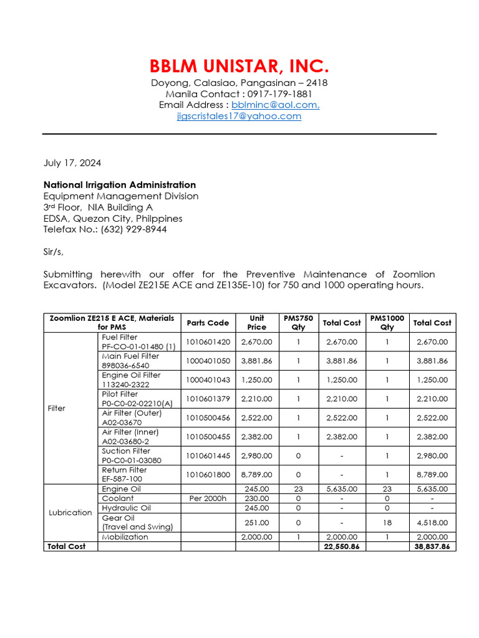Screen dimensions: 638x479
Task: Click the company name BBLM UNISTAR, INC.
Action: point(239,66)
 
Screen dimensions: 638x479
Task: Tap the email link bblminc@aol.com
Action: point(275,105)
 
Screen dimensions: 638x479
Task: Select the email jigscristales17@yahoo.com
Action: point(239,116)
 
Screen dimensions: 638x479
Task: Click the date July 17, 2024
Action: point(72,163)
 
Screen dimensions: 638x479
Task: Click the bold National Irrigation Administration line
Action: point(120,185)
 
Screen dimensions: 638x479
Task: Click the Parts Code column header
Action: point(208,323)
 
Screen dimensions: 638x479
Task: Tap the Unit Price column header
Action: point(257,323)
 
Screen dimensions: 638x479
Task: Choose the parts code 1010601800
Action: point(208,475)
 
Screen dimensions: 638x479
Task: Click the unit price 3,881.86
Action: point(257,361)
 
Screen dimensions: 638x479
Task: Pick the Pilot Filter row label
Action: point(120,394)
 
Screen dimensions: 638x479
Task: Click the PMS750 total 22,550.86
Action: point(341,546)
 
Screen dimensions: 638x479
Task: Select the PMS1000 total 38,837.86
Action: point(432,546)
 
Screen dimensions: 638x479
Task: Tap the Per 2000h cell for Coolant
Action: point(208,498)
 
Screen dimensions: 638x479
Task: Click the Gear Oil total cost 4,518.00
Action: point(432,522)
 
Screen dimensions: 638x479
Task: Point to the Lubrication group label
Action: point(70,513)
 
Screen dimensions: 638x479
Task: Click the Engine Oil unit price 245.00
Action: point(257,489)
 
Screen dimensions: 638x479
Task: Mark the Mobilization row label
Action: point(125,536)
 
